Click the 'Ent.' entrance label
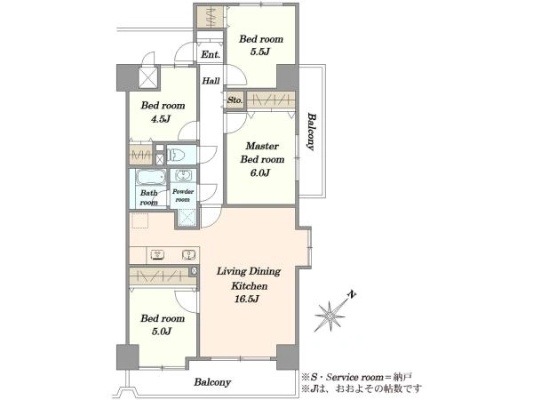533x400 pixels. point(211,54)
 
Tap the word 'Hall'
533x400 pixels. point(211,81)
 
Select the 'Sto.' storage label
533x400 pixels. point(235,100)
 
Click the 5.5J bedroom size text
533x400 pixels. point(259,52)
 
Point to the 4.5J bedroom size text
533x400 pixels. point(161,119)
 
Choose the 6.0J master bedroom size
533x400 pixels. point(260,173)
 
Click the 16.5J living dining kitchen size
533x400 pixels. point(247,300)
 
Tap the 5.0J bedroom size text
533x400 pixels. point(161,332)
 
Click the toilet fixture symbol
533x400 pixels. point(176,155)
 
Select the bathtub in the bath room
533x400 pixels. point(151,177)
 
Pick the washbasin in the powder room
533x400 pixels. point(184,175)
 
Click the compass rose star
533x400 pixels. point(330,316)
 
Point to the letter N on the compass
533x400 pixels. point(352,294)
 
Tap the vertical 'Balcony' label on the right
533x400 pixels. point(311,131)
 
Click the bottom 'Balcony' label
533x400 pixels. point(212,382)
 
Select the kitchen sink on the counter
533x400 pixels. point(188,255)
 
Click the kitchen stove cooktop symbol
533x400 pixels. point(157,255)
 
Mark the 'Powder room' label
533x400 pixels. point(183,196)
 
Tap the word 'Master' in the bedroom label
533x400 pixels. point(262,147)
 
